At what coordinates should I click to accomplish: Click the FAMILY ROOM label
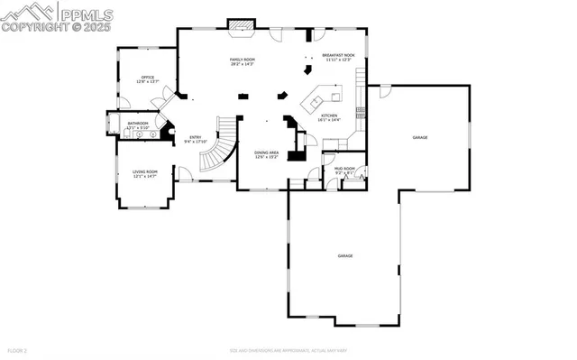click(x=242, y=60)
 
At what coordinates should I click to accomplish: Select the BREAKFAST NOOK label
click(x=338, y=55)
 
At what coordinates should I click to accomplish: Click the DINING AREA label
click(x=266, y=152)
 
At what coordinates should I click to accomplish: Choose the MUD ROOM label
click(x=344, y=169)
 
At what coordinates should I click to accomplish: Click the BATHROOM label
click(x=137, y=123)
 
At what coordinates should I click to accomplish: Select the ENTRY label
click(x=196, y=137)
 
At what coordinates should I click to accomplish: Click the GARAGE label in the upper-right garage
click(x=420, y=137)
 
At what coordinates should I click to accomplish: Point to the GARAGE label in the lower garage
click(x=345, y=256)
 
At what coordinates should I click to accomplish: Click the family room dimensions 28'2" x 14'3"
click(x=242, y=65)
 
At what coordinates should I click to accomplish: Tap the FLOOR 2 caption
click(x=16, y=349)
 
